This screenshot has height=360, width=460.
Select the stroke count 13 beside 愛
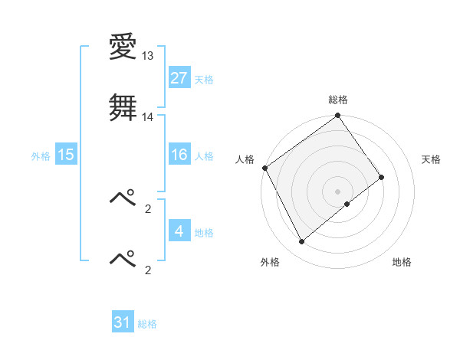pos(148,57)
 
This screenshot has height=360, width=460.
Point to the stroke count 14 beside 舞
pos(148,116)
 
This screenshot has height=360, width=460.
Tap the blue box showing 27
pos(179,78)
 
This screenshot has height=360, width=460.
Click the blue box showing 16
pos(179,155)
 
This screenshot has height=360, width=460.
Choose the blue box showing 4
pos(179,231)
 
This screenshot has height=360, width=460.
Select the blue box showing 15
pos(65,155)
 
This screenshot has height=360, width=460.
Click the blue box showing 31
pos(123,322)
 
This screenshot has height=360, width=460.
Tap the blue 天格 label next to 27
pos(204,79)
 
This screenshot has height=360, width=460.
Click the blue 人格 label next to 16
pos(204,155)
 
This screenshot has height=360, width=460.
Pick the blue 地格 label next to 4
pos(204,232)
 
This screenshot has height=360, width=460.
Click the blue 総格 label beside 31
pos(147,324)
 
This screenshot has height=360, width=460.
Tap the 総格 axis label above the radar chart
pos(338,100)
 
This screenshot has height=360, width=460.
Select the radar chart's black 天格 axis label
pos(431,159)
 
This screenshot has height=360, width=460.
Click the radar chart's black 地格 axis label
pos(402,262)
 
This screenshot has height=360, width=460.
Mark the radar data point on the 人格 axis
pos(264,168)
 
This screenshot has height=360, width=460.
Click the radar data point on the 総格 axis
pos(338,116)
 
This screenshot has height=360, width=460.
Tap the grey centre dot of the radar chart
pos(337,191)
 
